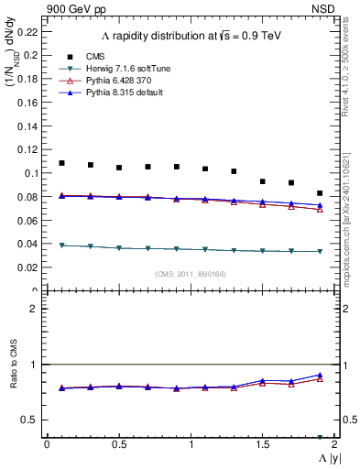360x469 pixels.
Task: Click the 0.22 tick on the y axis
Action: pos(28,31)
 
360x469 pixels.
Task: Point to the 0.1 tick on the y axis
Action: pos(31,173)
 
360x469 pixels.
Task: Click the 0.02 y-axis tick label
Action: pos(28,267)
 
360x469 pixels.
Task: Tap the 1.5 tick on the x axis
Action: pos(262,444)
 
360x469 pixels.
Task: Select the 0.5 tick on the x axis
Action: pos(118,444)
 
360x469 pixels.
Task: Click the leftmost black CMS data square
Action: pos(61,163)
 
